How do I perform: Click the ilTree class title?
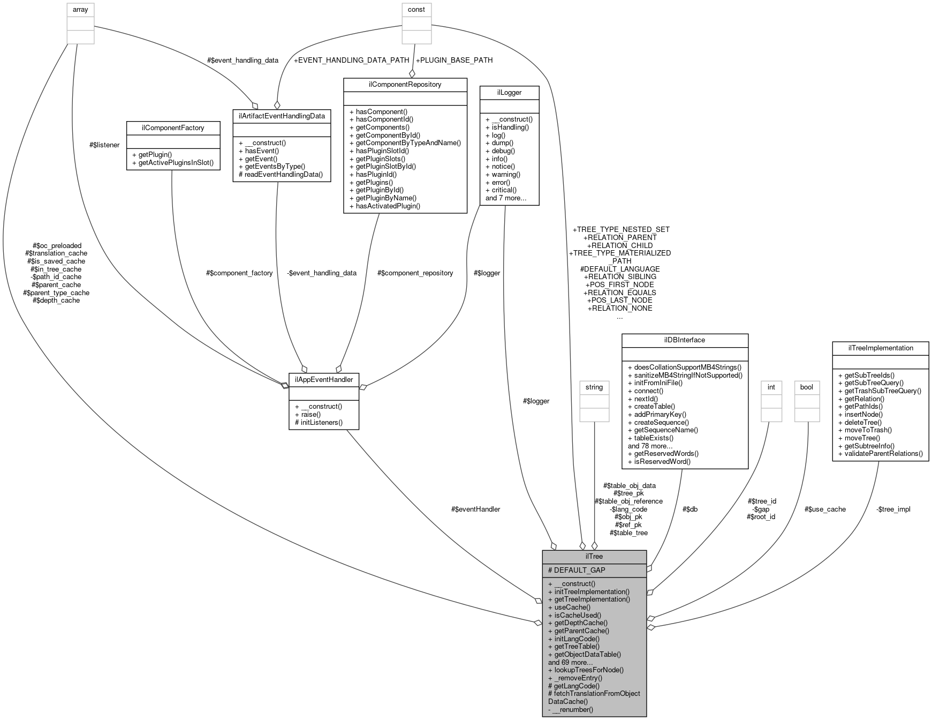(x=594, y=556)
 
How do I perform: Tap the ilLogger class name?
(x=509, y=92)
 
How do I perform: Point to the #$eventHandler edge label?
(x=475, y=509)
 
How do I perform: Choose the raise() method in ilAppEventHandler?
(x=307, y=414)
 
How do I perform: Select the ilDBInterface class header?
(x=684, y=340)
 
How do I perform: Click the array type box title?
(x=80, y=10)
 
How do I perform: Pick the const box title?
(x=416, y=10)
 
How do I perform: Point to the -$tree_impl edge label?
(x=893, y=509)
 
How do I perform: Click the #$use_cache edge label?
(x=825, y=509)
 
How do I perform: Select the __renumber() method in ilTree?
(x=571, y=709)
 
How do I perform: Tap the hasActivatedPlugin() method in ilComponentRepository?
(x=384, y=206)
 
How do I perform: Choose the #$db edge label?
(x=689, y=509)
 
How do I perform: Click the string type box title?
(x=594, y=387)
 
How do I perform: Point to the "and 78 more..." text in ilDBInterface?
(x=650, y=446)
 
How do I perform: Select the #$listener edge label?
(x=105, y=145)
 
